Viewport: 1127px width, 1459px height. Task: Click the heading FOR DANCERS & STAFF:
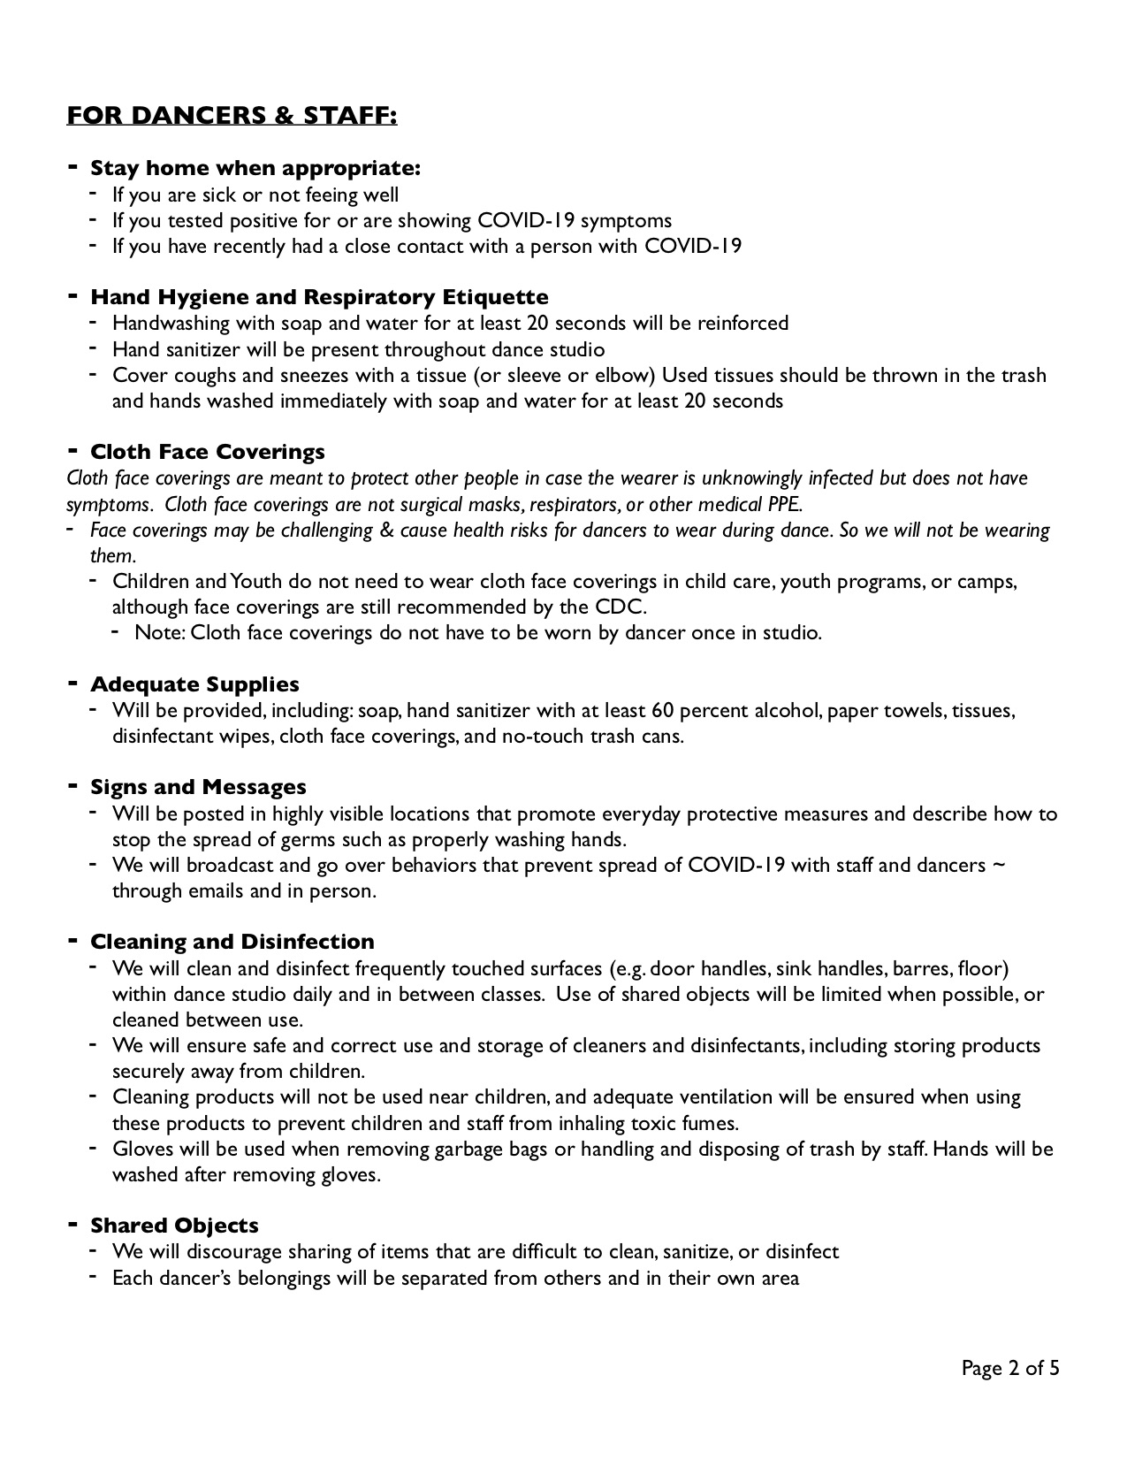232,116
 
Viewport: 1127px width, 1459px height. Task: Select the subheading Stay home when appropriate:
255,168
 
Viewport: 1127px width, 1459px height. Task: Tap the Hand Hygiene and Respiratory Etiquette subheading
319,297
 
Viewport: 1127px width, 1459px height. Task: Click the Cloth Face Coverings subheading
208,452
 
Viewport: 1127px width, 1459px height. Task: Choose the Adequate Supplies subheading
194,684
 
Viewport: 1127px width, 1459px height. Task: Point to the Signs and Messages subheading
198,787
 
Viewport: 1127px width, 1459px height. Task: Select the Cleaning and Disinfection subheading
232,942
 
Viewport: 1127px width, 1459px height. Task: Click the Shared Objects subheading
174,1226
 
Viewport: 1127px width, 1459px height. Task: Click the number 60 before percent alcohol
663,710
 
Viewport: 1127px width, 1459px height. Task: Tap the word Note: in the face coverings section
160,633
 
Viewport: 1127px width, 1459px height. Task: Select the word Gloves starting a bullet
141,1150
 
